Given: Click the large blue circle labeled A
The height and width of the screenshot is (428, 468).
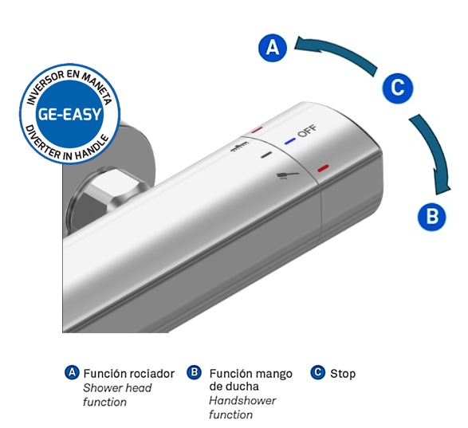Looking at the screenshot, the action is point(273,48).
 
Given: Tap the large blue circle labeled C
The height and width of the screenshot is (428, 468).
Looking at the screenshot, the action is point(398,88).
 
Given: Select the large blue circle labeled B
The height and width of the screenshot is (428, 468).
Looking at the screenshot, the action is point(431,216).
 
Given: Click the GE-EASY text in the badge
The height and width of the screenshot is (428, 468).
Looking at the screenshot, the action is point(69,114).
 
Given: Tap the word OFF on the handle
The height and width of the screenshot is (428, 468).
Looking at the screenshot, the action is point(308,131).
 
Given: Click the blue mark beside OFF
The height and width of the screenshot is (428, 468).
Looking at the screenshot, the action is point(290,141).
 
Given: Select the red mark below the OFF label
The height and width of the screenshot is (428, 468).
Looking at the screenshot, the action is point(323,168).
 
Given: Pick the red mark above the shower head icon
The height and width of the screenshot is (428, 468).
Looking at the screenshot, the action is point(257,130).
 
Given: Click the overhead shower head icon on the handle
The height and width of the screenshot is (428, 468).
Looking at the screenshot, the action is point(240,147).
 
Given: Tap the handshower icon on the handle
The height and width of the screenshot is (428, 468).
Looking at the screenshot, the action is point(287,175).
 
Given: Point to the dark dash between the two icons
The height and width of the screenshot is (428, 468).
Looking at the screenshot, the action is point(266,155).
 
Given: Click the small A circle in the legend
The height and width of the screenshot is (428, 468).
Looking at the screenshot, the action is point(72,372).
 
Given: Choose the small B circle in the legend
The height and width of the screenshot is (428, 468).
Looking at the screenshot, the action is point(195,372).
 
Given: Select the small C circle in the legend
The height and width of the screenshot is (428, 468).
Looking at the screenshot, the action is point(317,372).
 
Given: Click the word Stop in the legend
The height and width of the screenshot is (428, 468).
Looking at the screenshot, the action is point(343,374).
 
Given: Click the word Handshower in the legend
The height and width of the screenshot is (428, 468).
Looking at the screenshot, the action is point(242,401).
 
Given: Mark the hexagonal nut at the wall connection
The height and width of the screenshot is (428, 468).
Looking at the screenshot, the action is point(111,191).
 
